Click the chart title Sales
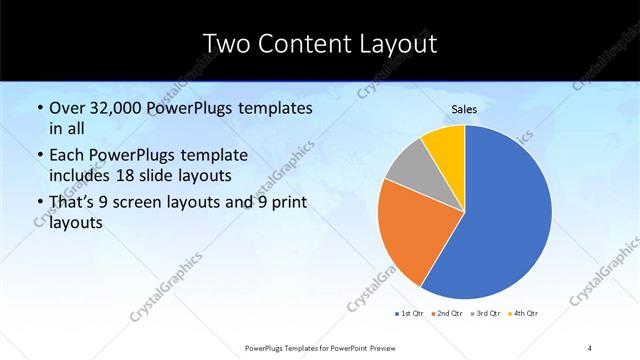coord(465,110)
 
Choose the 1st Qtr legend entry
coord(409,314)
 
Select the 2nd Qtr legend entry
coord(447,314)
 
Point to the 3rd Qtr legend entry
coord(486,314)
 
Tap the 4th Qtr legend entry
coord(524,314)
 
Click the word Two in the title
coord(227,44)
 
